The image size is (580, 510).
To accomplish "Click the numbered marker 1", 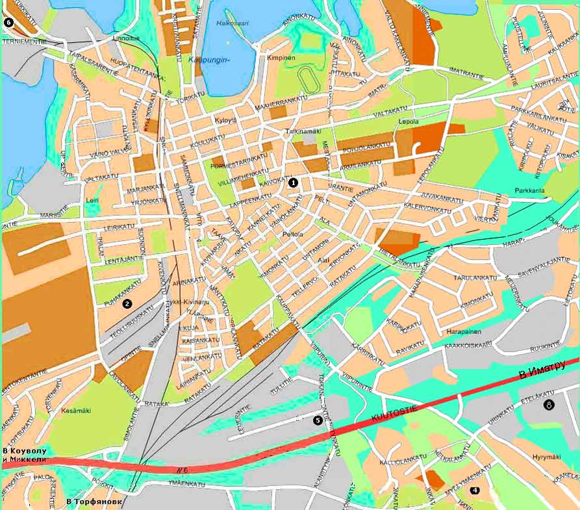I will (x=293, y=183).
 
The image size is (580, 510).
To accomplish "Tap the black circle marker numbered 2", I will (x=127, y=303).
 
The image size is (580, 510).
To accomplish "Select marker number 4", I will (x=475, y=490).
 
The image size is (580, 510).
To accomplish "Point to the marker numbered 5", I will (x=318, y=420).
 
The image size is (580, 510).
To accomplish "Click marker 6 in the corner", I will (x=8, y=22).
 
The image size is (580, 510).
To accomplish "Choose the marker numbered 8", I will (x=549, y=405).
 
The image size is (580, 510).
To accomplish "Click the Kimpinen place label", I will (x=281, y=58).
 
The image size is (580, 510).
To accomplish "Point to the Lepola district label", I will (x=408, y=121).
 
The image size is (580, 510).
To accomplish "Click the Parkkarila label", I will (x=529, y=190).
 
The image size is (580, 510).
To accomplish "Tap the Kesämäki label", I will (x=76, y=411).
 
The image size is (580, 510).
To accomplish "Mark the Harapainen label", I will (x=464, y=331).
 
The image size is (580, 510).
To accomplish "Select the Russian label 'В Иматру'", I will (x=543, y=371).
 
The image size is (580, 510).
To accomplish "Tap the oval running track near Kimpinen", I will (x=307, y=80).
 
